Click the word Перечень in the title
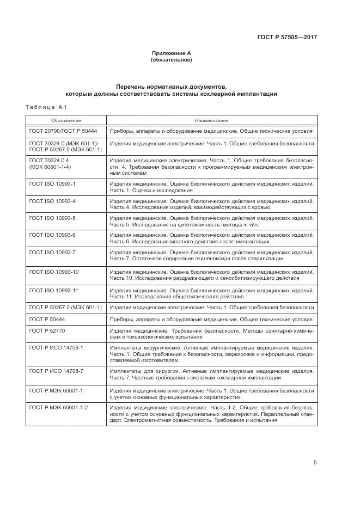pos(134,87)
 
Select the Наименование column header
pos(212,120)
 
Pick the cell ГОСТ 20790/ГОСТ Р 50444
pos(63,131)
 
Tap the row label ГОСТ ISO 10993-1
pos(52,184)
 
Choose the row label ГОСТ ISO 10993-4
pos(52,201)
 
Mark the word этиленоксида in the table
pos(200,259)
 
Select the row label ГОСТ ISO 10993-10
pos(54,271)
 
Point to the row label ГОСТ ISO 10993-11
pos(54,290)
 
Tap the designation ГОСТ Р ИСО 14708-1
pos(56,347)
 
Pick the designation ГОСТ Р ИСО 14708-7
pos(56,370)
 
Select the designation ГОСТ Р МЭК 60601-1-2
pos(58,407)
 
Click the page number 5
pos(315,463)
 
